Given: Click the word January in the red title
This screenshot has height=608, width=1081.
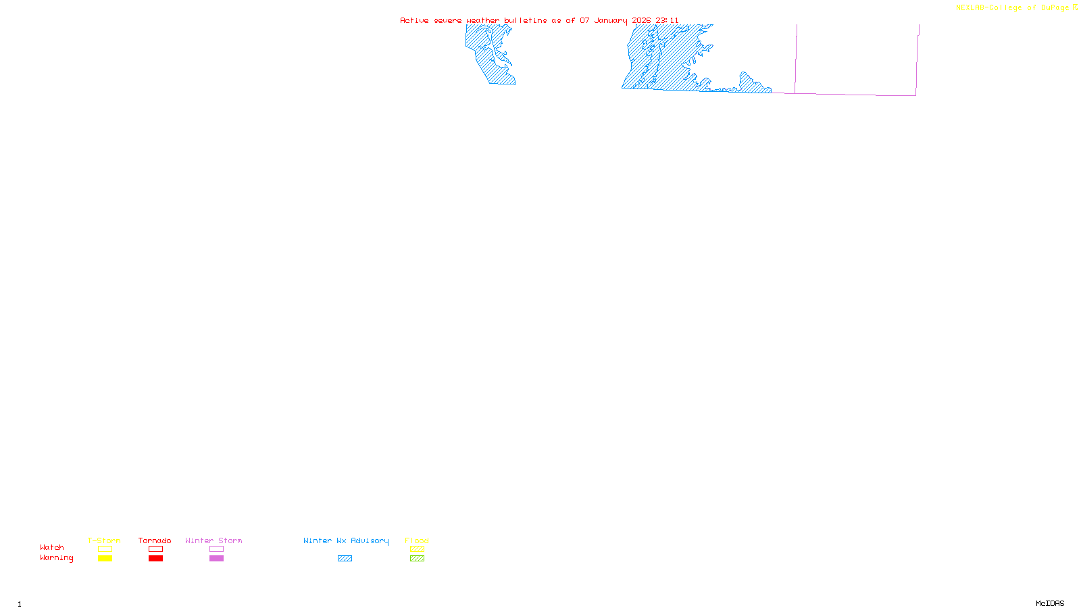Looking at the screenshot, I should tap(611, 21).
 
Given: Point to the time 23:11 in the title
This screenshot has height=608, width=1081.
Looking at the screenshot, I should tap(667, 21).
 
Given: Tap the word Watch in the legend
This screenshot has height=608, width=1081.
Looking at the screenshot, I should tap(52, 548).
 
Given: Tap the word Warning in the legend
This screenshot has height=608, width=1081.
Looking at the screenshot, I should tap(57, 558).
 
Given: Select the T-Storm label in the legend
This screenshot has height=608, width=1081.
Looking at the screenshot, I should tap(104, 540).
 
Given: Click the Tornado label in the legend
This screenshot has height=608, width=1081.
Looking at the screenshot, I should tap(155, 540).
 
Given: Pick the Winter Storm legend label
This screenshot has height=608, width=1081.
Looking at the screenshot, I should tap(213, 540).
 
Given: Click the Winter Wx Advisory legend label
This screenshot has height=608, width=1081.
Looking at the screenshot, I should tap(346, 540).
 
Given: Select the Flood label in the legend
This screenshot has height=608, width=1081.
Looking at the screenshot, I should tap(417, 540).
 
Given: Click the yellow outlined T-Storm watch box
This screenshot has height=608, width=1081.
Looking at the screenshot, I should tap(105, 549).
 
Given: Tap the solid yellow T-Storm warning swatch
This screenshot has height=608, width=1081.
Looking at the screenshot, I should tap(105, 559).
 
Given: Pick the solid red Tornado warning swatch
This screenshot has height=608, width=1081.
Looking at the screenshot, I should tap(156, 559).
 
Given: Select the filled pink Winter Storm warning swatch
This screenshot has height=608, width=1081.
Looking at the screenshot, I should tap(216, 559).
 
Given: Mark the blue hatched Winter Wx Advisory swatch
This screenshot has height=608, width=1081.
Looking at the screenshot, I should tap(345, 559).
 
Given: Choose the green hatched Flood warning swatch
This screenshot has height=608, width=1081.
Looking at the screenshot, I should tap(418, 559).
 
